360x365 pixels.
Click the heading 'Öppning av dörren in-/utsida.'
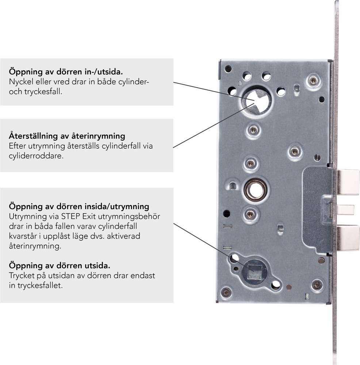tap(66, 72)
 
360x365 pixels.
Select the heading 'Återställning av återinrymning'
tap(67, 136)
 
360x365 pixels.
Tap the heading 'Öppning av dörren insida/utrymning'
tap(79, 207)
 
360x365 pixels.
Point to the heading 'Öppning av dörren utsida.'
tap(60, 266)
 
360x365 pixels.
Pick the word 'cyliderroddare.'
tap(36, 156)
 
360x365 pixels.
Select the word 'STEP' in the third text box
tap(71, 216)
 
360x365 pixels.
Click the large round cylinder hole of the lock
tap(257, 101)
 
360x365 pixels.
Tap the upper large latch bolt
tap(348, 182)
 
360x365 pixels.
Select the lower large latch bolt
tap(348, 238)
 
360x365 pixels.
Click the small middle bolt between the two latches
tap(345, 210)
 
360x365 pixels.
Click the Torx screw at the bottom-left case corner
tap(226, 292)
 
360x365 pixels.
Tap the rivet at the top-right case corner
tap(313, 81)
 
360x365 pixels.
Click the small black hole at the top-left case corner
tap(228, 69)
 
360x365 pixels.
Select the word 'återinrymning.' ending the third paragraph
tap(35, 246)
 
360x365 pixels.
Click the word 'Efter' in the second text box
tap(17, 146)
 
